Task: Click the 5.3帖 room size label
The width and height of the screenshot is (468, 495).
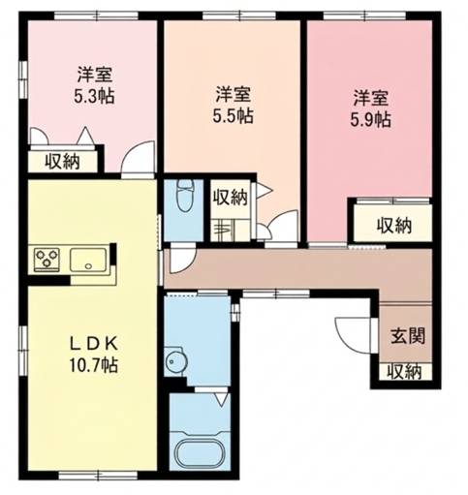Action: coord(94,96)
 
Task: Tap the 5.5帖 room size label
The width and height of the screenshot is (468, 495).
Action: coord(233,116)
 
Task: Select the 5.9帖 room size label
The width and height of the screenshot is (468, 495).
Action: coord(371,120)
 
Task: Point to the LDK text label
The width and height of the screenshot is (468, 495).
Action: coord(94,345)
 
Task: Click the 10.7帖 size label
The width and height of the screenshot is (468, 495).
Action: coord(94,365)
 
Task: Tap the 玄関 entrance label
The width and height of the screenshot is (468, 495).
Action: coord(408,336)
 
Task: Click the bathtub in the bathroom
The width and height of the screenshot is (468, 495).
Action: coord(201,452)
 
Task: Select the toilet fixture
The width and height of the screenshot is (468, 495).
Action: coord(185,196)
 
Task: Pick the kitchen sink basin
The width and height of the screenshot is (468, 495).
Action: coord(88,260)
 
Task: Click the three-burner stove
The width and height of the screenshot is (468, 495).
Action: coord(47,259)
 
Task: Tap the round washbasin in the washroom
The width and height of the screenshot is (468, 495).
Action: coord(176,361)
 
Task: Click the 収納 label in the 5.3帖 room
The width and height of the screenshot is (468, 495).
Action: coord(62,161)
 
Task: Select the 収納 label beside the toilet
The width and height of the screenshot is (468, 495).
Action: coord(231,198)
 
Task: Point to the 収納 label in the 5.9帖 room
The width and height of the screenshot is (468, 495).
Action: coord(394,226)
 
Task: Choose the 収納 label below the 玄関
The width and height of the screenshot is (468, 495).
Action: coord(404,372)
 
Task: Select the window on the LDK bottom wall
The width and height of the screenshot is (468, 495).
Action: coord(98,476)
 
